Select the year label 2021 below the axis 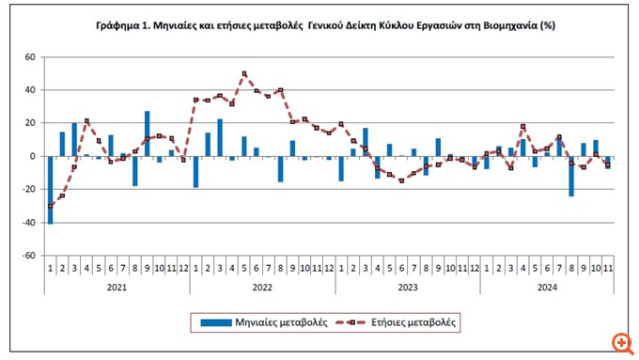pyautogui.click(x=117, y=287)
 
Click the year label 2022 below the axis pyautogui.click(x=262, y=287)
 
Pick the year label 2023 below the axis pyautogui.click(x=407, y=287)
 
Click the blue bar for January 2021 pyautogui.click(x=50, y=189)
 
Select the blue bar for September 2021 pyautogui.click(x=147, y=133)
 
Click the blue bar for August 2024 pyautogui.click(x=570, y=176)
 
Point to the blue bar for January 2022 pyautogui.click(x=195, y=171)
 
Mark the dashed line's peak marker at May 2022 pyautogui.click(x=244, y=73)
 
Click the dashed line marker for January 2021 pyautogui.click(x=50, y=206)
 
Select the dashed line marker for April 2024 pyautogui.click(x=522, y=126)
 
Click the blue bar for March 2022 pyautogui.click(x=220, y=137)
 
